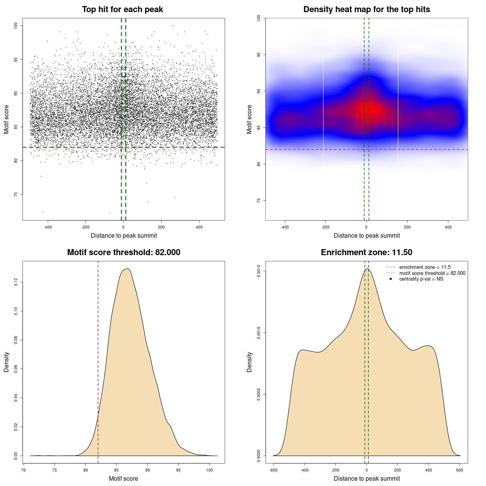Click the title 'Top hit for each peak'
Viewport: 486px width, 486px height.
point(122,9)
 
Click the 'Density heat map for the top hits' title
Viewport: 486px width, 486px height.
point(366,9)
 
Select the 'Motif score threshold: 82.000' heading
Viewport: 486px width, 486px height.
point(123,252)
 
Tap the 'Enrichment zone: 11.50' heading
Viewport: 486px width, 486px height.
point(366,252)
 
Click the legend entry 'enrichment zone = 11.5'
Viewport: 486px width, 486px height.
point(425,267)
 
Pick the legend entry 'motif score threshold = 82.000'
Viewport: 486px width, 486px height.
point(432,273)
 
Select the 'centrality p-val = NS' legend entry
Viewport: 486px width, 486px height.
point(421,279)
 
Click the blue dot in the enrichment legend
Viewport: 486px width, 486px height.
point(391,279)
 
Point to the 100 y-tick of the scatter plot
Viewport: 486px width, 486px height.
point(16,25)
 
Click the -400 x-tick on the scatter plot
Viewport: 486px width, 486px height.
point(48,227)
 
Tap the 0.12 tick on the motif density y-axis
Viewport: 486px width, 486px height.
point(16,282)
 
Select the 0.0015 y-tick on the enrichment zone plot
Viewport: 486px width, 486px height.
point(259,271)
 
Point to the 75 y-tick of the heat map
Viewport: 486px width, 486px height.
point(259,200)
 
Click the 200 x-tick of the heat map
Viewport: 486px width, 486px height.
point(407,227)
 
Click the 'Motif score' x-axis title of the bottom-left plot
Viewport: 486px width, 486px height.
point(123,479)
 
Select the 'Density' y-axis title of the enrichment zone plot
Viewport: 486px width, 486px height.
point(249,362)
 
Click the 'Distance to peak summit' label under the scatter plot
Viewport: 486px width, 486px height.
point(124,236)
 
